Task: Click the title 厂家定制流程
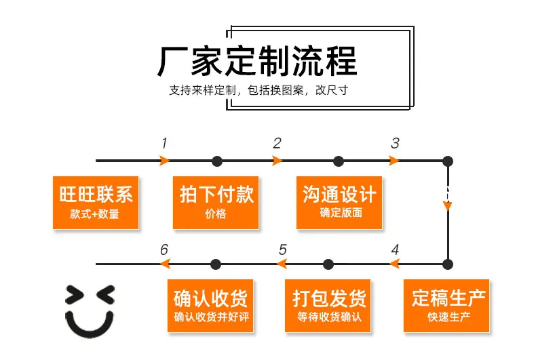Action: point(257,61)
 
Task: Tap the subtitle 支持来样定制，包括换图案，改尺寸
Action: point(259,90)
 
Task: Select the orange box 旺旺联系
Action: point(96,203)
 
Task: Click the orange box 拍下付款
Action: point(216,203)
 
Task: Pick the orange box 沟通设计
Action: point(339,203)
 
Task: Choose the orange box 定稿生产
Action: point(446,306)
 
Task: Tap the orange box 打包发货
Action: point(328,306)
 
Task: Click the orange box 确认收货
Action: point(210,306)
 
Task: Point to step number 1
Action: point(164,143)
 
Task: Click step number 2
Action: point(277,143)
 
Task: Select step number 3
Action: point(395,143)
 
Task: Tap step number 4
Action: point(395,249)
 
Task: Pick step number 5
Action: point(282,249)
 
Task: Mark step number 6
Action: point(164,249)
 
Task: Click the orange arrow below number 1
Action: point(165,161)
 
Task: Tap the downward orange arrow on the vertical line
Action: point(448,206)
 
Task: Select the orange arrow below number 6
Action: point(165,264)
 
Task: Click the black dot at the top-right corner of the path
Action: point(448,161)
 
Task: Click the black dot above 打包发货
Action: point(328,264)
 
